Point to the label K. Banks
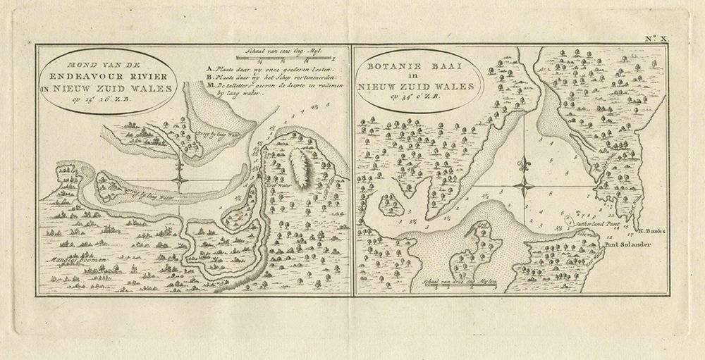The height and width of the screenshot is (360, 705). click(651, 231)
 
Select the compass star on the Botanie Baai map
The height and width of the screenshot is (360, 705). click(524, 187)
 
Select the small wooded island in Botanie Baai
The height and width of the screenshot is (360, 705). click(390, 206)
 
